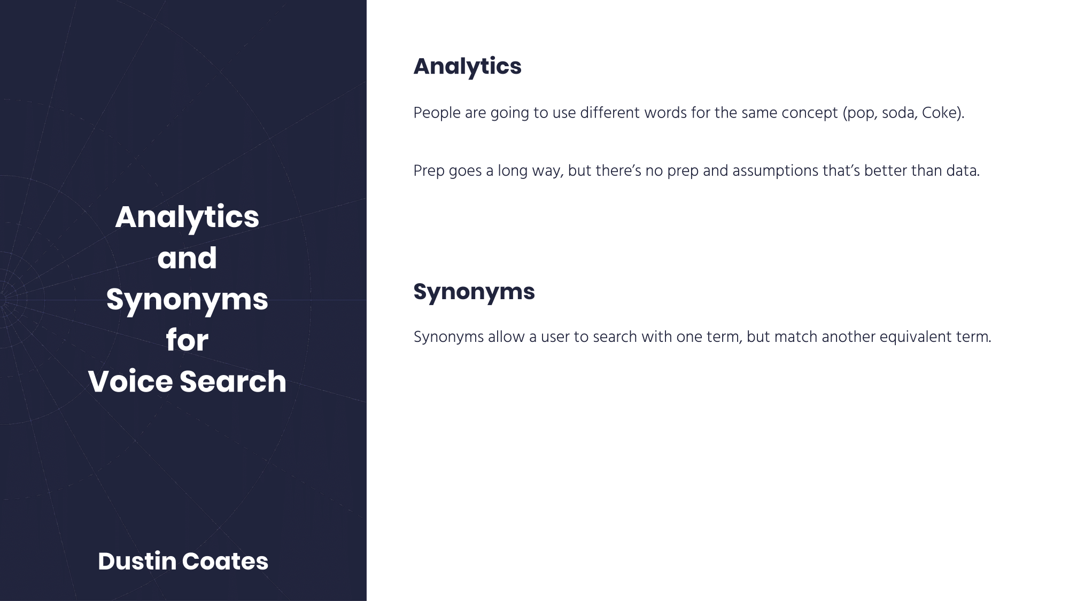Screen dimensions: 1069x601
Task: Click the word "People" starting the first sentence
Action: pos(437,114)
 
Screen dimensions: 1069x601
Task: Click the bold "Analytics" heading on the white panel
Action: pos(467,67)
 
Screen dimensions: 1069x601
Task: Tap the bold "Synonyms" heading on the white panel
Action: pos(474,292)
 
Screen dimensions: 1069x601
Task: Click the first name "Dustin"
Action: pos(137,561)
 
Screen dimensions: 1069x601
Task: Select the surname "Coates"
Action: pos(225,561)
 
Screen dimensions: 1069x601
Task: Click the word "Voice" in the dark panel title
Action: pos(131,381)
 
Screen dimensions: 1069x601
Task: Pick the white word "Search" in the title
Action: pos(233,381)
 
